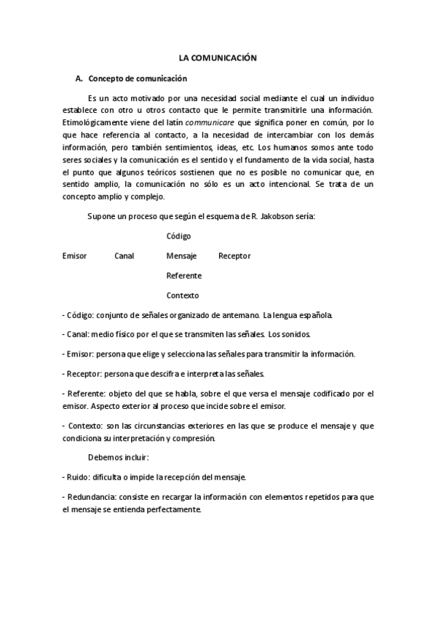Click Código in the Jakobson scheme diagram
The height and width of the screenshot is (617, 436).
point(178,236)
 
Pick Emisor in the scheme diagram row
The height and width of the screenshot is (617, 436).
point(75,256)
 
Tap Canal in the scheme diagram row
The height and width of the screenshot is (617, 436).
point(124,256)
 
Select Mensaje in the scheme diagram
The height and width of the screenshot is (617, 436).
point(182,256)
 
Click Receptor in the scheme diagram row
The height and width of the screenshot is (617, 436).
point(234,256)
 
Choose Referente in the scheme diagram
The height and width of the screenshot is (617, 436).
point(184,276)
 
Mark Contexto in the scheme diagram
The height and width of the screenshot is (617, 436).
point(182,295)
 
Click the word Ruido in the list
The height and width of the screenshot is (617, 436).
point(78,477)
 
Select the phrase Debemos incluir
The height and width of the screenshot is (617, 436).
point(118,458)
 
